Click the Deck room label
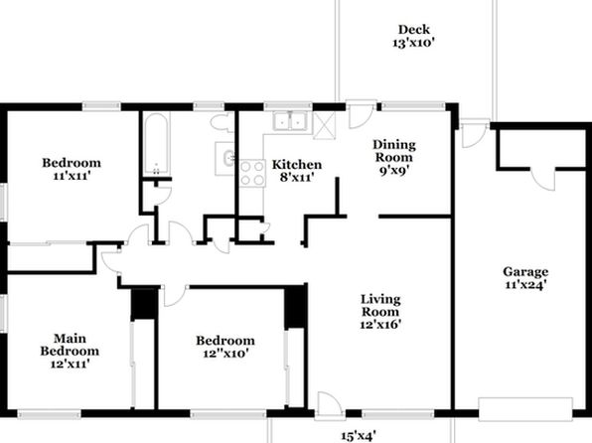tap(414, 30)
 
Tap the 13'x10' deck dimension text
tap(414, 43)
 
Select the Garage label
tap(525, 271)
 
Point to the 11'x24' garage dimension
tap(525, 284)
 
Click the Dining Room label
tap(394, 151)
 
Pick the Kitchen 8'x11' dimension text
tap(297, 177)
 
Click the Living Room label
tap(380, 306)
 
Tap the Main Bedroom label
tap(70, 345)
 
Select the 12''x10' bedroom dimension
tap(225, 354)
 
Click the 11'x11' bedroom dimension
tap(72, 176)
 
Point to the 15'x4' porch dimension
tap(359, 436)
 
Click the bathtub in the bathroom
tap(156, 144)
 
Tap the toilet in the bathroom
tap(222, 121)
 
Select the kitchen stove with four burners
tap(252, 173)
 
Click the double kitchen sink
tap(290, 121)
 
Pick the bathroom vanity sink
tap(225, 158)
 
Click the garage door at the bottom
tap(525, 408)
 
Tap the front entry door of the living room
tap(329, 406)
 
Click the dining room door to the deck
tap(362, 113)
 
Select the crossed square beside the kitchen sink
tap(324, 125)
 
